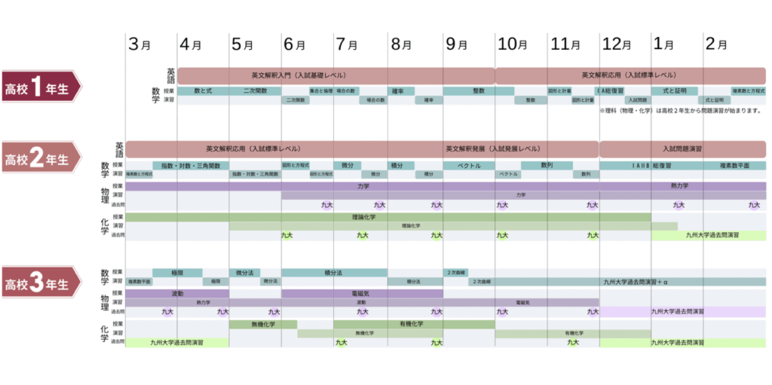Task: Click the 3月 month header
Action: (140, 44)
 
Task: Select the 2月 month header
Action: (718, 44)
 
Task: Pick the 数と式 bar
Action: (203, 91)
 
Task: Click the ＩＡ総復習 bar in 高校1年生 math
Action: (611, 91)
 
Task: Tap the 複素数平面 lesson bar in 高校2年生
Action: (734, 165)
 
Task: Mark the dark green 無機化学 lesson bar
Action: (262, 324)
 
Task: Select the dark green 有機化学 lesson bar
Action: (411, 324)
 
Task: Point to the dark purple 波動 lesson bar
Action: (178, 293)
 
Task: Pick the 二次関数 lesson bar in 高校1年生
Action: (255, 91)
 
